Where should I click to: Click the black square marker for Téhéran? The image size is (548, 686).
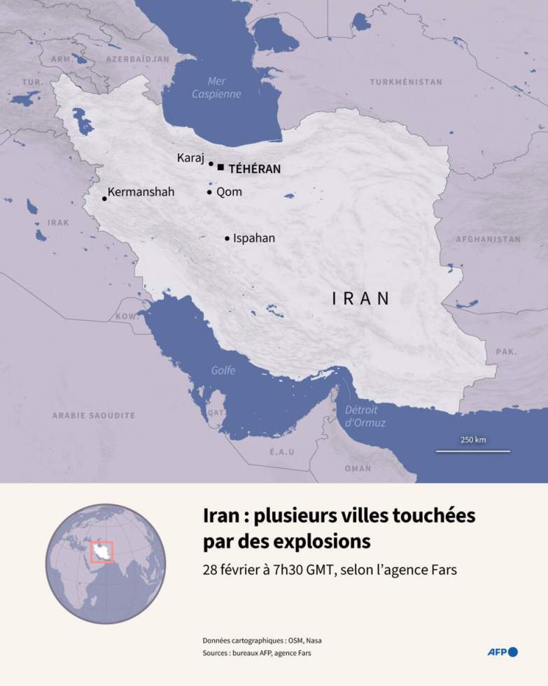point(221,167)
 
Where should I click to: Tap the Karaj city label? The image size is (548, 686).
point(190,158)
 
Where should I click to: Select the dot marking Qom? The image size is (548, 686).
point(209,192)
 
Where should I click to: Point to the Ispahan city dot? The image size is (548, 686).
point(227,239)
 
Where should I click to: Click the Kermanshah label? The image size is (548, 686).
point(141,192)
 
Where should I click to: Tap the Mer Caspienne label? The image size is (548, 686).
point(216,87)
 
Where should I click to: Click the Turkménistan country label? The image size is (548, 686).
point(406,82)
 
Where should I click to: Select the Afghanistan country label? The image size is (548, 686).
point(488,239)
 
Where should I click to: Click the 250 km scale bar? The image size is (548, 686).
point(473,451)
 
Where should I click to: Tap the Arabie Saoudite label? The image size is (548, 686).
point(93,416)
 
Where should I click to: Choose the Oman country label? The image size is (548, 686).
point(358,468)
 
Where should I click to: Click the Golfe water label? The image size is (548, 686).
point(223,371)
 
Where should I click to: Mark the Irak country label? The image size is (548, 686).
point(58,223)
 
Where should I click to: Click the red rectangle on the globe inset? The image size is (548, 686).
point(101,552)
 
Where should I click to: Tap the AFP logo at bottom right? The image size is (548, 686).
point(503,652)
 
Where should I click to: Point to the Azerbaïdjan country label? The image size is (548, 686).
point(138,59)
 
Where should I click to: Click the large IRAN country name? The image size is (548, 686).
point(360,298)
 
